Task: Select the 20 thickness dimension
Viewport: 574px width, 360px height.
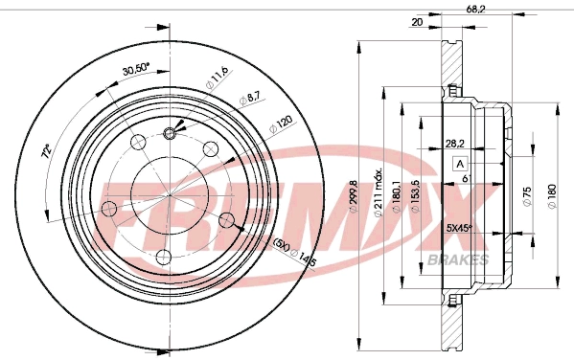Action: click(x=417, y=21)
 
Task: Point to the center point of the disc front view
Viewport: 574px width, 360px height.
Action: click(x=169, y=195)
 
